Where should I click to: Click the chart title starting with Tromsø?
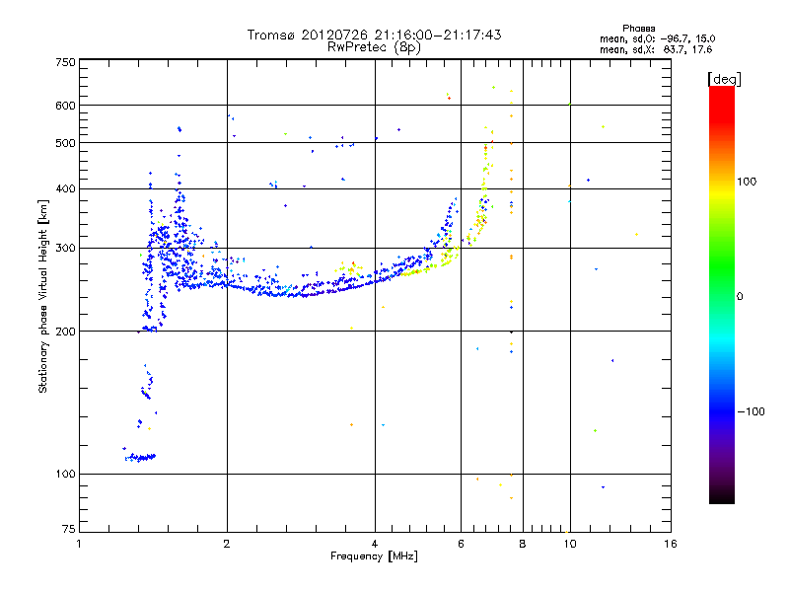tap(374, 35)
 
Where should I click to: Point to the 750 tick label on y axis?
tap(65, 61)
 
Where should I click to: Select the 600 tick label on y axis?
tap(65, 106)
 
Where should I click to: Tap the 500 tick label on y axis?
tap(65, 143)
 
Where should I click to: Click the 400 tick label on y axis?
tap(65, 189)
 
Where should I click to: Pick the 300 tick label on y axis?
tap(65, 249)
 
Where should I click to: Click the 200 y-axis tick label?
tap(65, 332)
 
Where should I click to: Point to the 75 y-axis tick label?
tap(68, 533)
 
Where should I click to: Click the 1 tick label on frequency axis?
tap(79, 544)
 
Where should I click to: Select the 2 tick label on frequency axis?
tap(227, 544)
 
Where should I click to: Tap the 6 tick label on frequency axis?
tap(461, 544)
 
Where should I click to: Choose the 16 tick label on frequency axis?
tap(670, 544)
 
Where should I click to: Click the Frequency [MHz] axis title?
tap(374, 556)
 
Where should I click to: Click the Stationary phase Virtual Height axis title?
tap(43, 296)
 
